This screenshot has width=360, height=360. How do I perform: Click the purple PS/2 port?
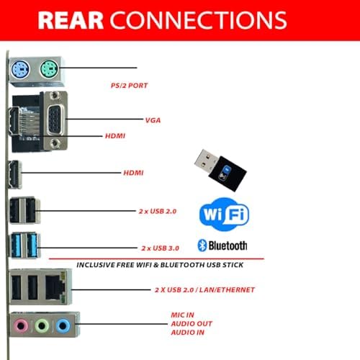pyautogui.click(x=20, y=68)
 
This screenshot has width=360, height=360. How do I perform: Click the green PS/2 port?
pyautogui.click(x=49, y=68)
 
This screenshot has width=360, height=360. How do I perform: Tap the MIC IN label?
pyautogui.click(x=183, y=315)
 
